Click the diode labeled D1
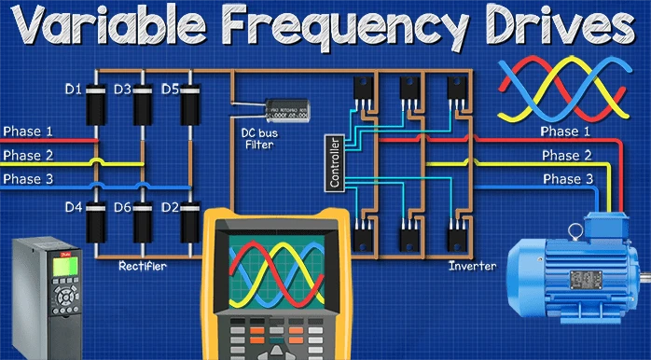point(96,109)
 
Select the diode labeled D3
point(143,109)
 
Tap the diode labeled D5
point(190,109)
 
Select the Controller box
point(335,163)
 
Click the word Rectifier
point(143,267)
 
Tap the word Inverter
point(472,266)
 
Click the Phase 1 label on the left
point(29,132)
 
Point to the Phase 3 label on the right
point(566,178)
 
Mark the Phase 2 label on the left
point(29,155)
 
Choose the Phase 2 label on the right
point(566,155)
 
